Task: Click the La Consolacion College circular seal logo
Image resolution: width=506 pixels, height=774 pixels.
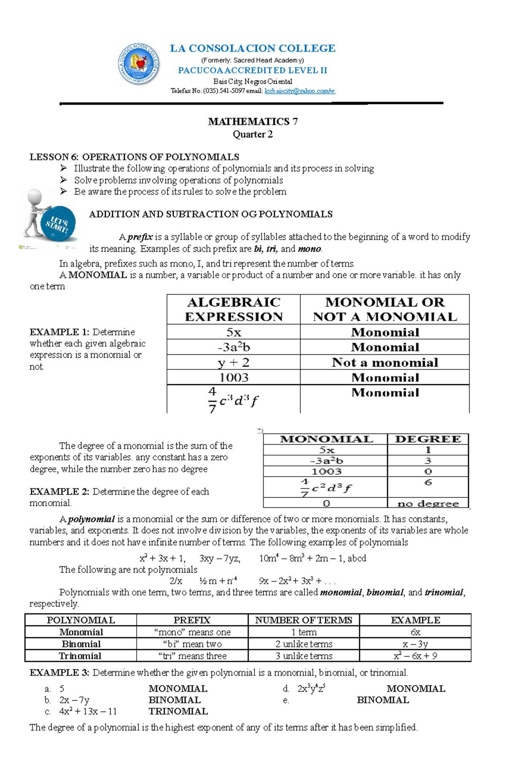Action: coord(139,64)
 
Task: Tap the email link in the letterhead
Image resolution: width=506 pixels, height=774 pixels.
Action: coord(300,91)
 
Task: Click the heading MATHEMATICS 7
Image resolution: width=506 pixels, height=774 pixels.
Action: coord(253,121)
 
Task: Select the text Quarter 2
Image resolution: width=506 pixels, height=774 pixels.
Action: coord(253,134)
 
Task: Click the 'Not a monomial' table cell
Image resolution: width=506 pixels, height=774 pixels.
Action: coord(385,362)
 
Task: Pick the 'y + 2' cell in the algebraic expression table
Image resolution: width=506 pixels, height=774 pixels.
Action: coord(234,362)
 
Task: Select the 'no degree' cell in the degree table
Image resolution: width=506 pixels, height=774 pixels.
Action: coord(428,503)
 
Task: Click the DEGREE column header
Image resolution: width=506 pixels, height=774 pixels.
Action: coord(428,439)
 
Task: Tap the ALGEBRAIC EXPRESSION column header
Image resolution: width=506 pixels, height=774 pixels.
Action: coord(234,309)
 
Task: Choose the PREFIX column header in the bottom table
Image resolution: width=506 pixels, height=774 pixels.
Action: coord(192,620)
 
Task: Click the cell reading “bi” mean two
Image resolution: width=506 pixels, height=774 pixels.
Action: coord(192,644)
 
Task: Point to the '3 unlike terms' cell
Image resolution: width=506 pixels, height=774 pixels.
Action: coord(304,656)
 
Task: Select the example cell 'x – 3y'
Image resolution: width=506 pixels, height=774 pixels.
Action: coord(415,644)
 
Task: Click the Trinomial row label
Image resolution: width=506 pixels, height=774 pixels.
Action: coord(80,656)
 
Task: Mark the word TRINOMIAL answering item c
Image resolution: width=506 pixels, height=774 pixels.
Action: coord(178,711)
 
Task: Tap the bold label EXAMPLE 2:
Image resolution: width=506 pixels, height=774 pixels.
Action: coord(59,491)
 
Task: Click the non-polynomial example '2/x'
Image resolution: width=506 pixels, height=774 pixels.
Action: coord(176,581)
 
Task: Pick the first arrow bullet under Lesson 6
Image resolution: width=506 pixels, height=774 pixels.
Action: coord(64,168)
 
